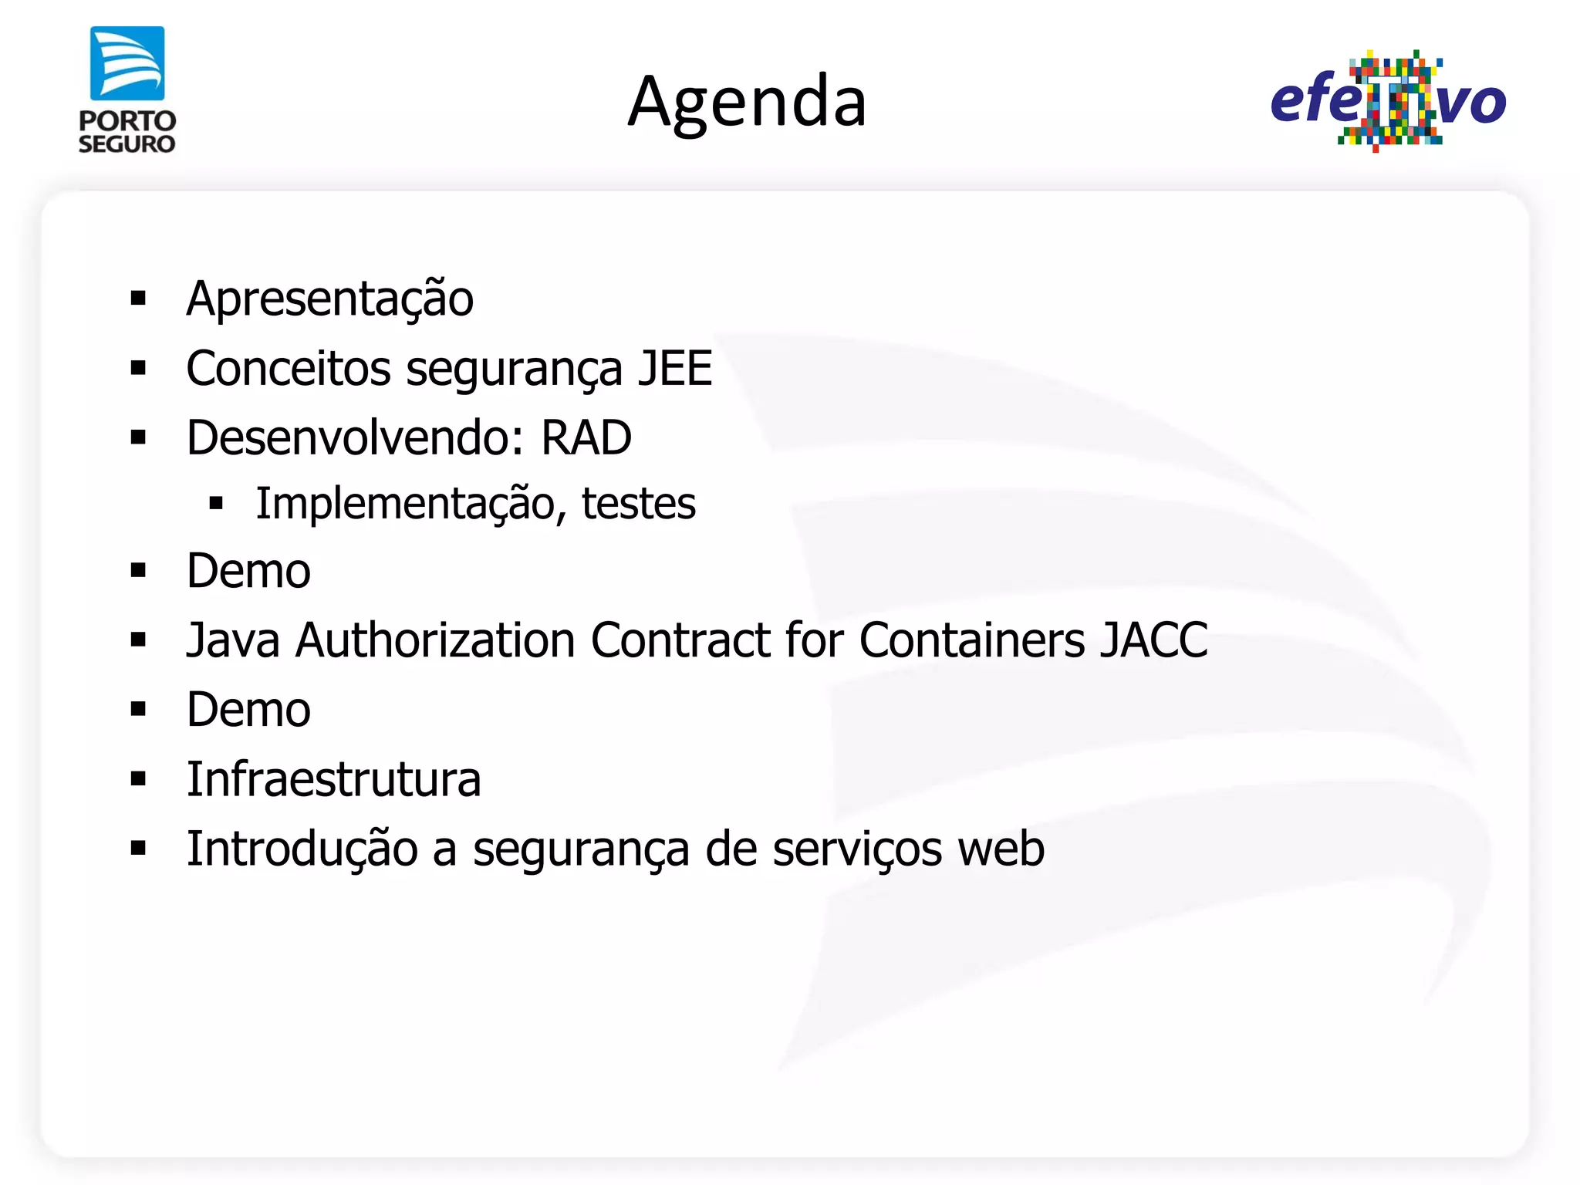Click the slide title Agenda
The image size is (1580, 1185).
coord(747,103)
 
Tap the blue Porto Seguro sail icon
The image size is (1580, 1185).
coord(127,63)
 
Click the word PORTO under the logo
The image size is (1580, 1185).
coord(127,121)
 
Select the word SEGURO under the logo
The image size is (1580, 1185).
coord(127,144)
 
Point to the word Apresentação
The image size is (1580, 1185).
coord(329,299)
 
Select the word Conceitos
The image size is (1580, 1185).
coord(289,369)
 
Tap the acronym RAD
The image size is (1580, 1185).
coord(586,438)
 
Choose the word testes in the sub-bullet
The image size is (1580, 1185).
coord(638,505)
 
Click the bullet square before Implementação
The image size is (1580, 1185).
coord(216,505)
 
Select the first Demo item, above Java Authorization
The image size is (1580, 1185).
coord(248,572)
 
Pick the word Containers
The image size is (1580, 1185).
coord(972,640)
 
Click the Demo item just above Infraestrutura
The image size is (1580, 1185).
coord(248,710)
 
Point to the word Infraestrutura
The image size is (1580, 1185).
coord(334,779)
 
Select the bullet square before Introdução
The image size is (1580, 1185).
coord(139,849)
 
